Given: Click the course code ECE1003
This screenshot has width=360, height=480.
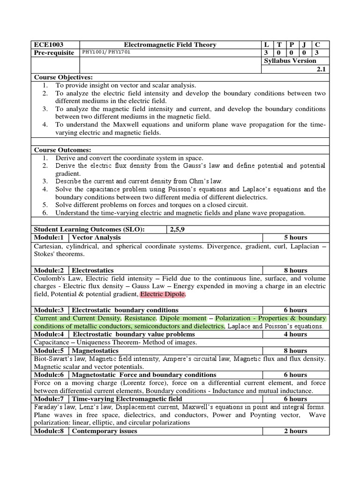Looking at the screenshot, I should [x=47, y=45].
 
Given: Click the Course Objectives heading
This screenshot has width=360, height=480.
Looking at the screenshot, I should [x=63, y=77].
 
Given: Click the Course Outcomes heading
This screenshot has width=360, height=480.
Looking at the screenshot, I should [x=62, y=150].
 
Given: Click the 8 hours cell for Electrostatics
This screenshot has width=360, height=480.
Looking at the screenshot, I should [x=295, y=270].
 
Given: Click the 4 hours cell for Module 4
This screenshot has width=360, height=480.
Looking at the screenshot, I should [x=295, y=334].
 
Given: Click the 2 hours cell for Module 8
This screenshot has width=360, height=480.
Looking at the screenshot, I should [x=295, y=431].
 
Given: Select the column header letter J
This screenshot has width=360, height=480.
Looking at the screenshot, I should [x=304, y=45].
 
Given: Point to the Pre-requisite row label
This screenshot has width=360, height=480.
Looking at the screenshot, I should [x=54, y=52].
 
